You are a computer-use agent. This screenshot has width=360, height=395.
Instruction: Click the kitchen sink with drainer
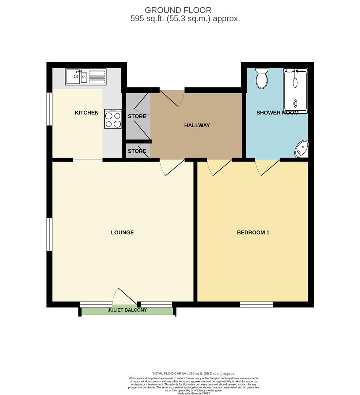click(86, 77)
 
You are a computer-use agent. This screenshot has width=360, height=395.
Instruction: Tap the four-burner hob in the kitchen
click(113, 119)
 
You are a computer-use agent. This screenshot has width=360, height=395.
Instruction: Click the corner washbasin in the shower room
click(302, 148)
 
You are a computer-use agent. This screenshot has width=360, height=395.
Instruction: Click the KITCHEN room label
click(87, 113)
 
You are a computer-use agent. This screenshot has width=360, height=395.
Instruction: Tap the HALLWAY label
click(197, 125)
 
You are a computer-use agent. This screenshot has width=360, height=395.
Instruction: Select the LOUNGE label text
click(122, 232)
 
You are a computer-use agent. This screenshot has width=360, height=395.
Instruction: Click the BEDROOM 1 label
click(253, 232)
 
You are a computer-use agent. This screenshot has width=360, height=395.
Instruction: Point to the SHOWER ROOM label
click(277, 113)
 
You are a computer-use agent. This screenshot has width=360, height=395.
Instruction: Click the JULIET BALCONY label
click(127, 310)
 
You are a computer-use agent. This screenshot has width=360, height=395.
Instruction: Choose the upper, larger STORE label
click(137, 116)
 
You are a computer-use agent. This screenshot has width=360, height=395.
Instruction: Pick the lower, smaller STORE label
click(137, 151)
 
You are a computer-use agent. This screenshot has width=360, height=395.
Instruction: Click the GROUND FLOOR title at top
click(178, 10)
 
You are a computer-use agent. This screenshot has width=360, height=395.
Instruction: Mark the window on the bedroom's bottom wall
click(256, 304)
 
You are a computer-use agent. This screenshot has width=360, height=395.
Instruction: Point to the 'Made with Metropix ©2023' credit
click(194, 393)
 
